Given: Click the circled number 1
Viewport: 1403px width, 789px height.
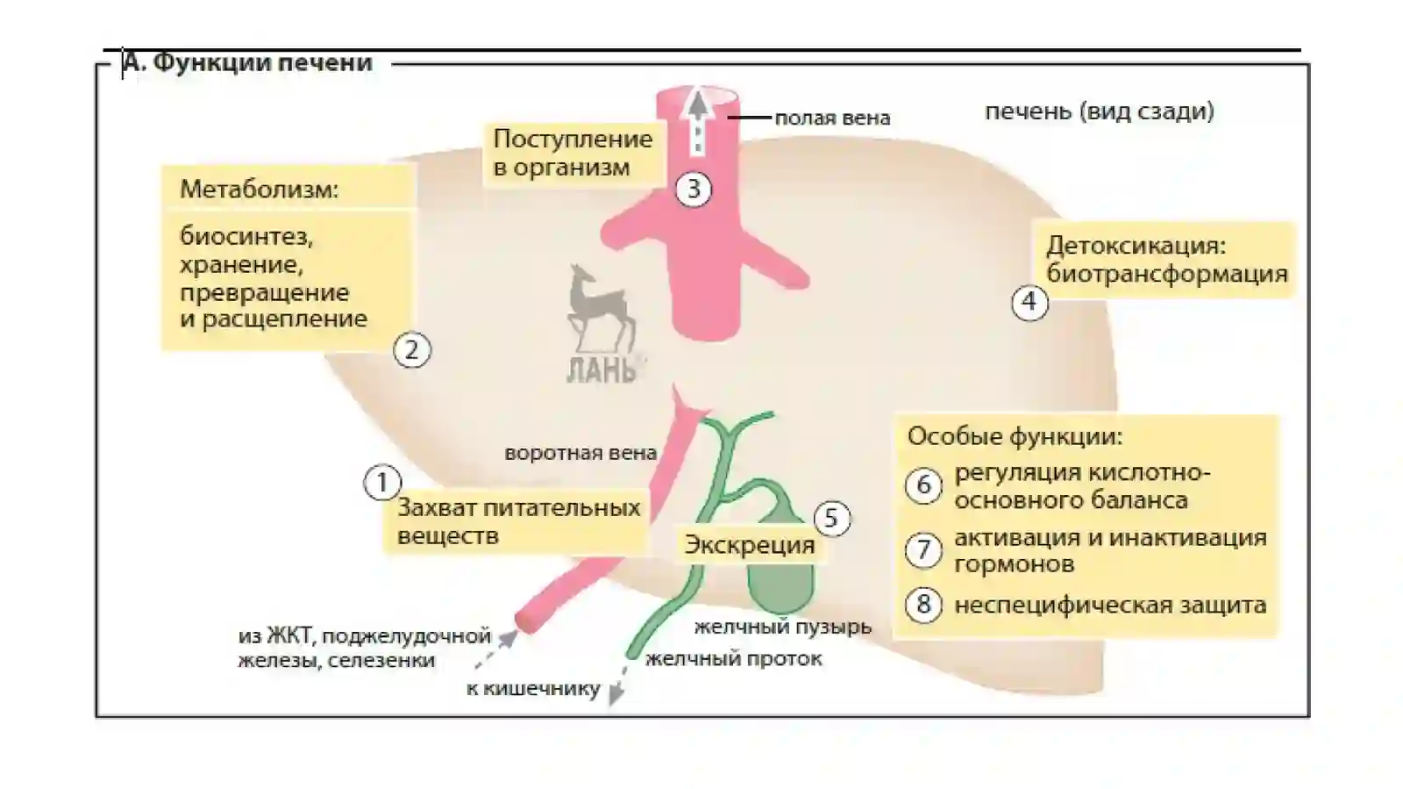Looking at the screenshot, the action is click(x=382, y=483).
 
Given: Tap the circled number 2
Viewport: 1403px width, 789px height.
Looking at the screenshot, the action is click(x=411, y=349).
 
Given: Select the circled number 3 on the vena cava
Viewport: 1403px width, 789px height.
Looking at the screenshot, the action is click(x=694, y=190).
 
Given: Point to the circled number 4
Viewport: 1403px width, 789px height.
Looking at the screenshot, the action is click(x=1029, y=302).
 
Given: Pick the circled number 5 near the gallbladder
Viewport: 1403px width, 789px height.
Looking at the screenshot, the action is click(x=832, y=519).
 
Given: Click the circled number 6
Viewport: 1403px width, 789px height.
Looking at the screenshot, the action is click(x=923, y=485).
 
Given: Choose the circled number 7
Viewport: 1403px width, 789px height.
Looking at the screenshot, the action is click(x=923, y=550).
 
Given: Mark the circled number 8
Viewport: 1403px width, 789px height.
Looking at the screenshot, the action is click(x=923, y=605).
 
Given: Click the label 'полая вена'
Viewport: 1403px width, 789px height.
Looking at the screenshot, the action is click(x=832, y=118).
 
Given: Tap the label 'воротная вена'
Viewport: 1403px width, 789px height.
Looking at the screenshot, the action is click(x=580, y=453).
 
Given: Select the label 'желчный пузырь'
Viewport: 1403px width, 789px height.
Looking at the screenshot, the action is click(x=783, y=626).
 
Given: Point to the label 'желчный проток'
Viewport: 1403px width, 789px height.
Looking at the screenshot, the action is click(x=734, y=658).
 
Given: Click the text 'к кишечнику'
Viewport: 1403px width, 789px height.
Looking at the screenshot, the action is click(x=534, y=688).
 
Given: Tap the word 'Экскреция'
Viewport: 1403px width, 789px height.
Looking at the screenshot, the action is click(x=750, y=545).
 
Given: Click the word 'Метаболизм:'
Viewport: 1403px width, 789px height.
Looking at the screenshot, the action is click(x=260, y=190).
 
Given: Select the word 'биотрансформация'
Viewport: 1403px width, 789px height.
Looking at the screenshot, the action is click(x=1167, y=274).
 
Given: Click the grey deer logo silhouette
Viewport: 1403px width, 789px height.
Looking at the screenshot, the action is click(x=599, y=307).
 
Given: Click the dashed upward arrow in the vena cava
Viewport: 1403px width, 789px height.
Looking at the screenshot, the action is click(x=698, y=122).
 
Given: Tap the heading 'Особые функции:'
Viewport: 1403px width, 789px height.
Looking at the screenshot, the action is click(x=1015, y=436).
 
